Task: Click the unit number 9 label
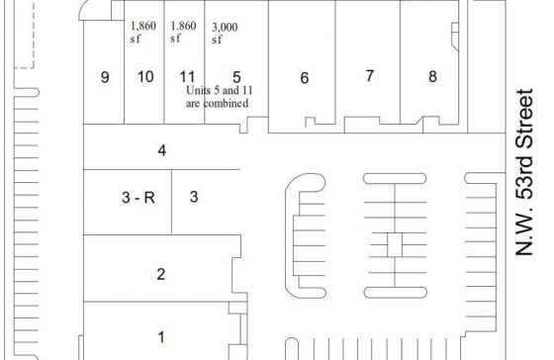point(105,77)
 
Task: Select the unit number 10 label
point(145,77)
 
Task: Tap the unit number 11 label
point(187,77)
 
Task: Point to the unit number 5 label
point(236,77)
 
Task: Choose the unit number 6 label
point(305,78)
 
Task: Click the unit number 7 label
point(370,75)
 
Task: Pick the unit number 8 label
point(433,77)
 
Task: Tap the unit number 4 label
point(162,150)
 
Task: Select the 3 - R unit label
point(138,198)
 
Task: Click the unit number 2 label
point(161,274)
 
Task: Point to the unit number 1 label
point(161,337)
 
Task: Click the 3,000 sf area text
point(225,34)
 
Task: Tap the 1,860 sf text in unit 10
point(143,32)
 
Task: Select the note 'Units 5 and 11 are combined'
point(219,97)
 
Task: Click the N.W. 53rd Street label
point(524,172)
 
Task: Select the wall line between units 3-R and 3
point(172,202)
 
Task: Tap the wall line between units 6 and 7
point(335,62)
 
